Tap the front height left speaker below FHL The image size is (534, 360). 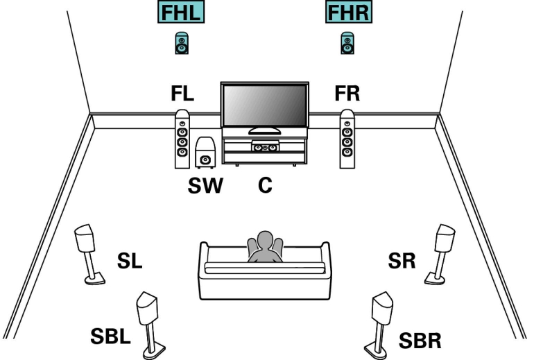182,44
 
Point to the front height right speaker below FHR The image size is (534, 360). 347,44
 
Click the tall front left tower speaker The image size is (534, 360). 182,139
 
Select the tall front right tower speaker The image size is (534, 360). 347,139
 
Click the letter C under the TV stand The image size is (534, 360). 264,186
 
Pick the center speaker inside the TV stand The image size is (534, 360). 264,146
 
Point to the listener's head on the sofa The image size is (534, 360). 264,243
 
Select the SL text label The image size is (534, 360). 129,262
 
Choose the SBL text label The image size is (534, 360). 110,338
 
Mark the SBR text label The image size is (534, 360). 420,341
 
